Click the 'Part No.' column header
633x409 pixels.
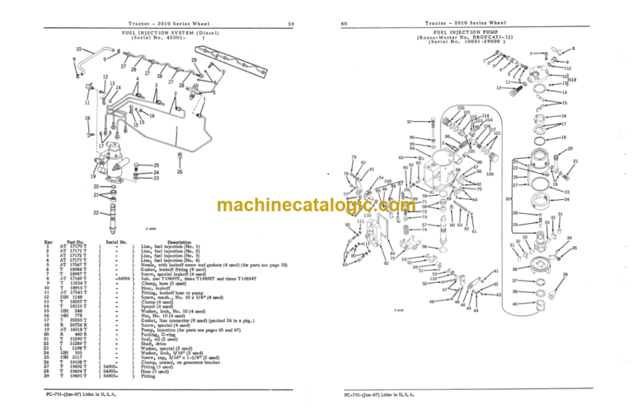77,241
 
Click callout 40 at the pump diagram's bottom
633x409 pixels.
514,304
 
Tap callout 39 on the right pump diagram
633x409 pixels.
565,275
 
